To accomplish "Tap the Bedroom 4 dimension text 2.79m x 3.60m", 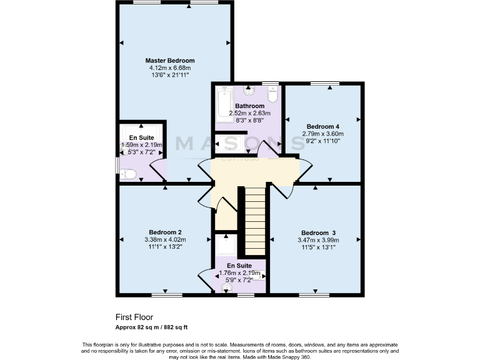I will [322, 133].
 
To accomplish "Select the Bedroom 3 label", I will [319, 232].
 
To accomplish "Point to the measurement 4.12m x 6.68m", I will [170, 67].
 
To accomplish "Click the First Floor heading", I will [134, 317].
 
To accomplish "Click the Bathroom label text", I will [249, 106].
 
